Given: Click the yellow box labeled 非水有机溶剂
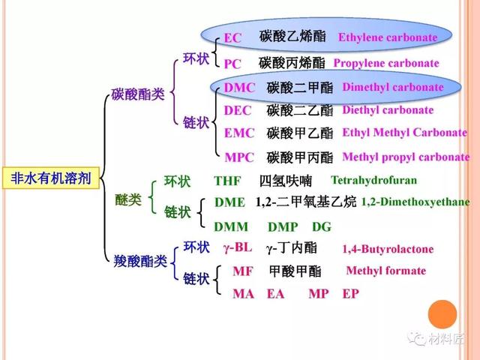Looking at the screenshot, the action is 51,178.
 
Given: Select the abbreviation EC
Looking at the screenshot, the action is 232,38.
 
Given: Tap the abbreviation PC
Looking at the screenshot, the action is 232,64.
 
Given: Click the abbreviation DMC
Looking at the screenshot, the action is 239,88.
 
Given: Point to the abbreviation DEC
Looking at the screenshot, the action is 238,110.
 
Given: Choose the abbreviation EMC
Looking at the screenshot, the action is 239,133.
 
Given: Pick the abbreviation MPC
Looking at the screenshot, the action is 239,157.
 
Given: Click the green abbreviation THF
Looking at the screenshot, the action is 227,181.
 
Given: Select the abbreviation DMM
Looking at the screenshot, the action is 231,226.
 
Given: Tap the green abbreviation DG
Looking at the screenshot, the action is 322,226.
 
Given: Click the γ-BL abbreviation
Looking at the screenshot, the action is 238,247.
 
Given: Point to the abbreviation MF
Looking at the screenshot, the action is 243,271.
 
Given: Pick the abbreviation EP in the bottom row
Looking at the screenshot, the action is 350,293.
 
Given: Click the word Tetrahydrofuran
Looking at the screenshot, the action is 373,180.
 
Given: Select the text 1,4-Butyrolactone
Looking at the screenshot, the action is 388,249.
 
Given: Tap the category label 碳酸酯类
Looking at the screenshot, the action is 138,94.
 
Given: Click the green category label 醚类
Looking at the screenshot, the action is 128,200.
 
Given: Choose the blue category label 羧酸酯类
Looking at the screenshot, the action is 140,261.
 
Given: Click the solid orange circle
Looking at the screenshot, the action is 442,314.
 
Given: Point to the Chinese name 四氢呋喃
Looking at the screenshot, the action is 286,181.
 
